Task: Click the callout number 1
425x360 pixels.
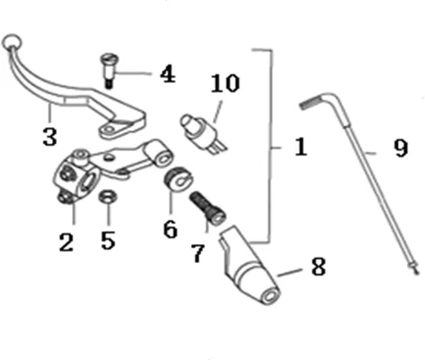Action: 301,147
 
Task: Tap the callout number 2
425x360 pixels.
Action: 67,242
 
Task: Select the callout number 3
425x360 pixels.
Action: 50,137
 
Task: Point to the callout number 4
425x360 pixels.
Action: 167,75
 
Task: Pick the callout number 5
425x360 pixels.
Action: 108,240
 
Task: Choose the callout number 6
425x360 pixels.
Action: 170,229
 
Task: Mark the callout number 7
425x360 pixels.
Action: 198,254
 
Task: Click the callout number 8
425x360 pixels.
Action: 319,266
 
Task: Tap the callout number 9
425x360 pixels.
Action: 401,148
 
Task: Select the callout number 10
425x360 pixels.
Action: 225,83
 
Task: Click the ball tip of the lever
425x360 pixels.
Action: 12,41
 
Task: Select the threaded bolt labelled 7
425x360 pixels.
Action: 207,208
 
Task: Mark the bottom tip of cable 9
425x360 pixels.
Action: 416,273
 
